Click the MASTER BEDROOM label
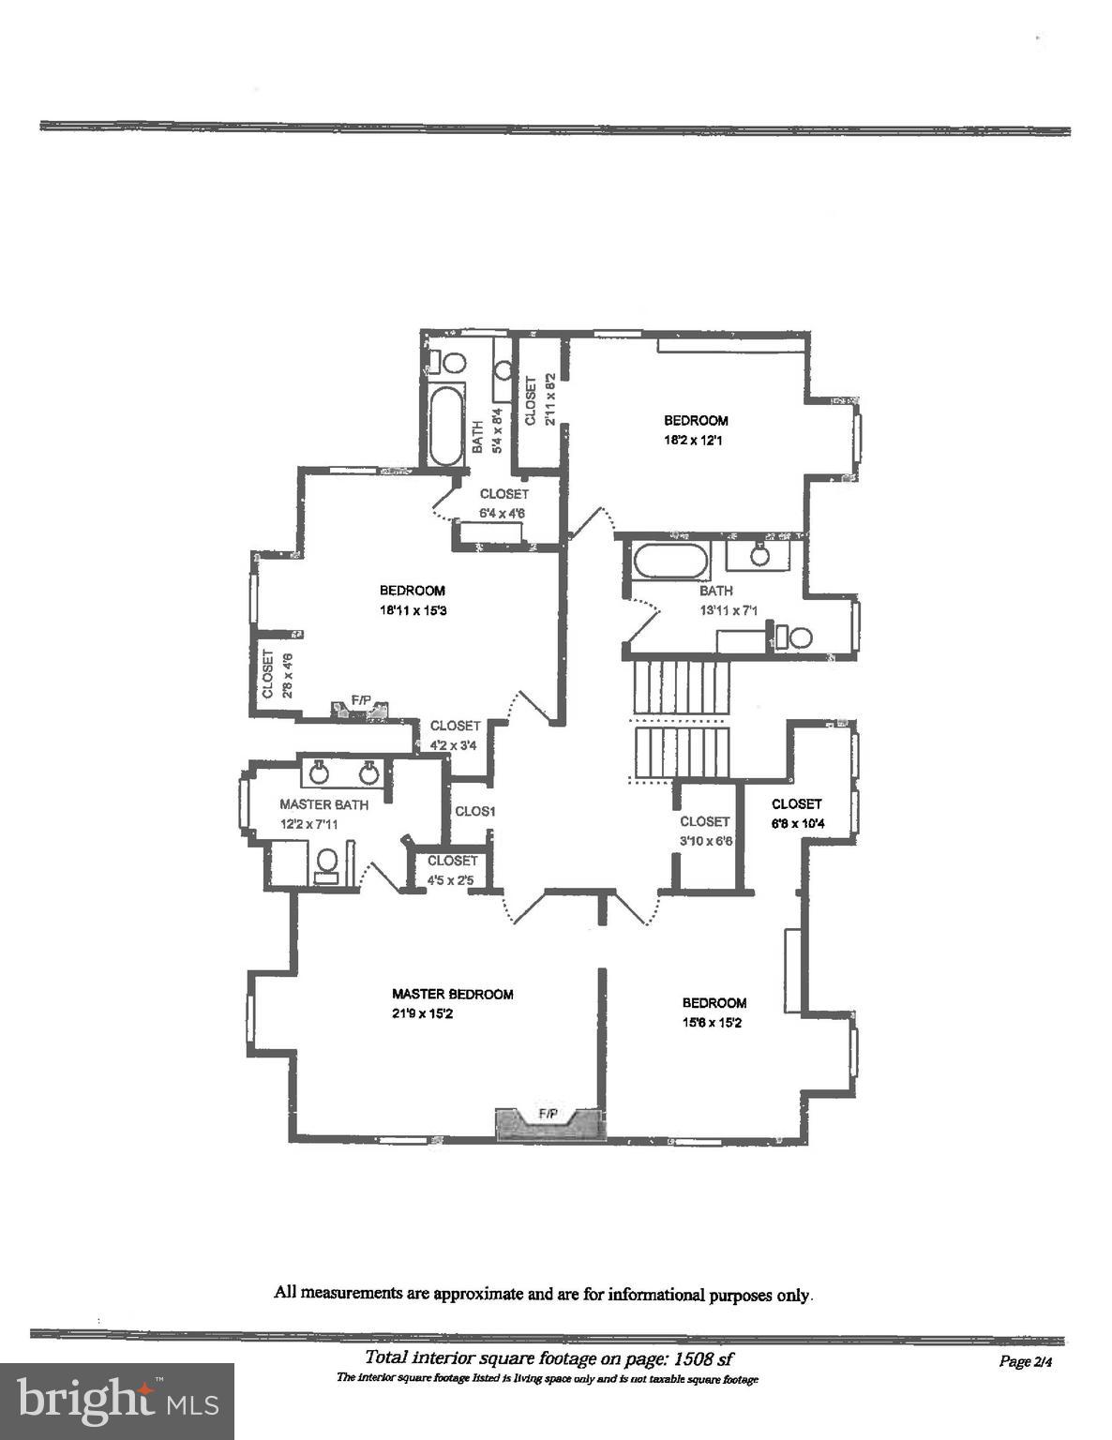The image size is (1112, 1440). coord(452,994)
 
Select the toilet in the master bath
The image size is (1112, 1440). coord(326,862)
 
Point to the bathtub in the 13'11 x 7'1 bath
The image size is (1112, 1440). coord(670,561)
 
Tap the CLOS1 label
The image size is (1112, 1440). coord(474,811)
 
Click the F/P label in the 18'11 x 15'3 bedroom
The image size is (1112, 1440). coord(361,699)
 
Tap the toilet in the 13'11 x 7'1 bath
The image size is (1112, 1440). coord(799,637)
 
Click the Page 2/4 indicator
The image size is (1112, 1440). coord(1026,1361)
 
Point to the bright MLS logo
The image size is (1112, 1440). coord(116,1401)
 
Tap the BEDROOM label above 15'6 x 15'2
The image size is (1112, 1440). coord(714,1003)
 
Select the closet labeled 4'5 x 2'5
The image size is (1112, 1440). coord(452,870)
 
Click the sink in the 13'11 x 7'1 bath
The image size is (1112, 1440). coord(759,555)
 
